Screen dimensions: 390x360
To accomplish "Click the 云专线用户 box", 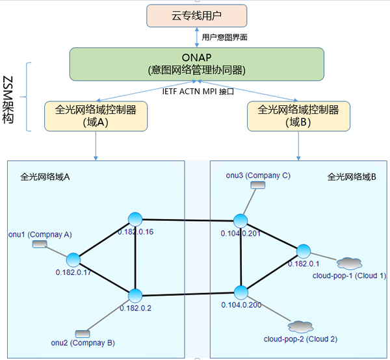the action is (x=197, y=16).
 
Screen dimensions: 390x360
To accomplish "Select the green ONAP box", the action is (x=197, y=64).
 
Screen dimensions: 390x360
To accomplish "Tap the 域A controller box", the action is (x=96, y=116).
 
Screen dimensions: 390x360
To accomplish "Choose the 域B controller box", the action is (x=298, y=116).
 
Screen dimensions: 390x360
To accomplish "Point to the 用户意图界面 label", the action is (x=225, y=37).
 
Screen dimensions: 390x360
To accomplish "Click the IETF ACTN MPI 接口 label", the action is (x=198, y=92).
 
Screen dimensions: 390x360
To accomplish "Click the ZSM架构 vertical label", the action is (x=8, y=100).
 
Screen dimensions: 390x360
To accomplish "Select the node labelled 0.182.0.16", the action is (x=135, y=219).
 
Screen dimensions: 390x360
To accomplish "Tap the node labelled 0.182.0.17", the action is (x=73, y=260).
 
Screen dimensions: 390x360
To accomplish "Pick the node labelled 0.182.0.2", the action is (x=135, y=296).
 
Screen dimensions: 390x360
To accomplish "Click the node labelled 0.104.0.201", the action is (x=240, y=221).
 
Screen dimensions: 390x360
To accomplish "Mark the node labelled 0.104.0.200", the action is (x=240, y=292).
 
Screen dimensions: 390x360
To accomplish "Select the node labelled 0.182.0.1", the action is (x=304, y=251).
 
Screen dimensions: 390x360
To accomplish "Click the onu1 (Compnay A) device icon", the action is (x=40, y=244).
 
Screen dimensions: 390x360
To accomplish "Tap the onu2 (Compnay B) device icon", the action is (x=83, y=333).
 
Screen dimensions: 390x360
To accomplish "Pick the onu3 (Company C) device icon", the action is (x=257, y=185).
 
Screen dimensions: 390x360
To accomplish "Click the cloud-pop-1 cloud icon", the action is (x=349, y=264).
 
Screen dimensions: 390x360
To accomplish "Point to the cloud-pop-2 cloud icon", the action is (x=300, y=327).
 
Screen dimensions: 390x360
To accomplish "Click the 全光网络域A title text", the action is (x=45, y=177).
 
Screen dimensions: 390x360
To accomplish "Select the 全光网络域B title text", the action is (x=352, y=177).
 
